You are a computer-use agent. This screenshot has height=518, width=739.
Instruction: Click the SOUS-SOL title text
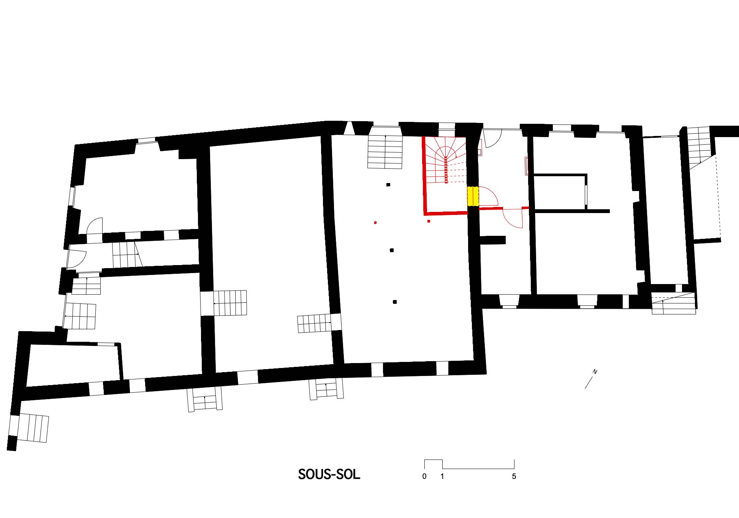pyautogui.click(x=329, y=474)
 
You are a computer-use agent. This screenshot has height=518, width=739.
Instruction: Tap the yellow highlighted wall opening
pyautogui.click(x=473, y=196)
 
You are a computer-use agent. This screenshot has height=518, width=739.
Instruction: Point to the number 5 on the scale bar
pyautogui.click(x=514, y=476)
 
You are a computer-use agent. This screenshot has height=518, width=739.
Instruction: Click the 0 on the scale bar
pyautogui.click(x=424, y=476)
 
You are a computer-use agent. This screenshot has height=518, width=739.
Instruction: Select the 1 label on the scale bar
pyautogui.click(x=442, y=476)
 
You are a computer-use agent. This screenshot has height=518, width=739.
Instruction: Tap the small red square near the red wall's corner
pyautogui.click(x=429, y=221)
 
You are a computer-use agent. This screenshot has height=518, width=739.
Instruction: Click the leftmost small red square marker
pyautogui.click(x=375, y=223)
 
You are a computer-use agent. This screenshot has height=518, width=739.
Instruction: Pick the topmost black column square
pyautogui.click(x=388, y=185)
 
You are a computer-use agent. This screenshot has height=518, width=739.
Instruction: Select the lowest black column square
pyautogui.click(x=395, y=302)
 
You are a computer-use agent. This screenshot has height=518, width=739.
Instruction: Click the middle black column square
pyautogui.click(x=392, y=250)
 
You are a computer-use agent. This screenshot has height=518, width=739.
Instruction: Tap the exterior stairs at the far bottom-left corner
pyautogui.click(x=33, y=428)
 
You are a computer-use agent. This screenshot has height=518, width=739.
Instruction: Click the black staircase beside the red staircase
pyautogui.click(x=385, y=152)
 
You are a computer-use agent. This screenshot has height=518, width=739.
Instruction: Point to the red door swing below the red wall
pyautogui.click(x=513, y=218)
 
